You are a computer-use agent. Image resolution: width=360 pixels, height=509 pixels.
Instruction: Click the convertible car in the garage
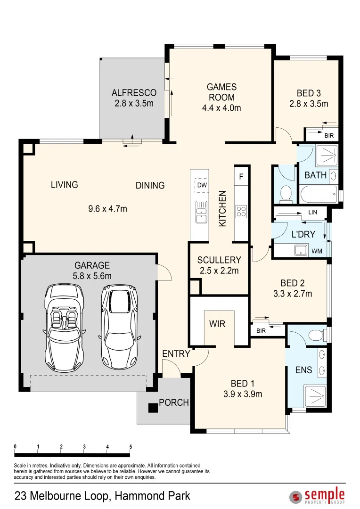click(x=64, y=328)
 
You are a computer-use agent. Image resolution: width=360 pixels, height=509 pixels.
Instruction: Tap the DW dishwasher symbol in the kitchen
click(x=202, y=185)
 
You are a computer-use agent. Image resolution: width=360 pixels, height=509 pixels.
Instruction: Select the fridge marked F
click(x=241, y=177)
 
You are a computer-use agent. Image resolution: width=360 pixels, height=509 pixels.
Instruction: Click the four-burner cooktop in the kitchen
click(x=241, y=211)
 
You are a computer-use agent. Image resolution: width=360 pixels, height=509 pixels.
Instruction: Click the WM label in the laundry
click(x=317, y=251)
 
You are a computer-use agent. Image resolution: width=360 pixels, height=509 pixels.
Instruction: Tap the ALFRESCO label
click(x=134, y=93)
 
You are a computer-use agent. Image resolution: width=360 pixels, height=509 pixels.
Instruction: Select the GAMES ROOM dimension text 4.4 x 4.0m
click(x=222, y=108)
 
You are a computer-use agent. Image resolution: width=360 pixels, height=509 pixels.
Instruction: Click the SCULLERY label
click(x=219, y=260)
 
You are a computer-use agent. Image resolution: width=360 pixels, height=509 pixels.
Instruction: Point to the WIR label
click(x=217, y=324)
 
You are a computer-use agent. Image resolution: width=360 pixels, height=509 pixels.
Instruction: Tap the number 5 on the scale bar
click(x=131, y=447)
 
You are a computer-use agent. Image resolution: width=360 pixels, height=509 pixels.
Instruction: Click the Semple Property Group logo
click(x=317, y=495)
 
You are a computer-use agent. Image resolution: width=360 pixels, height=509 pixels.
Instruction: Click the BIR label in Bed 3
click(x=329, y=136)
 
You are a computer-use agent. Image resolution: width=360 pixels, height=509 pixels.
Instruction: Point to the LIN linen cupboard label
click(x=312, y=212)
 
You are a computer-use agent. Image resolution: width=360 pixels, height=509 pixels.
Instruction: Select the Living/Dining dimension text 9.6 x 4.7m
click(x=107, y=209)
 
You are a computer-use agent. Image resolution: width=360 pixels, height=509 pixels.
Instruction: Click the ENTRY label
click(x=176, y=353)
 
